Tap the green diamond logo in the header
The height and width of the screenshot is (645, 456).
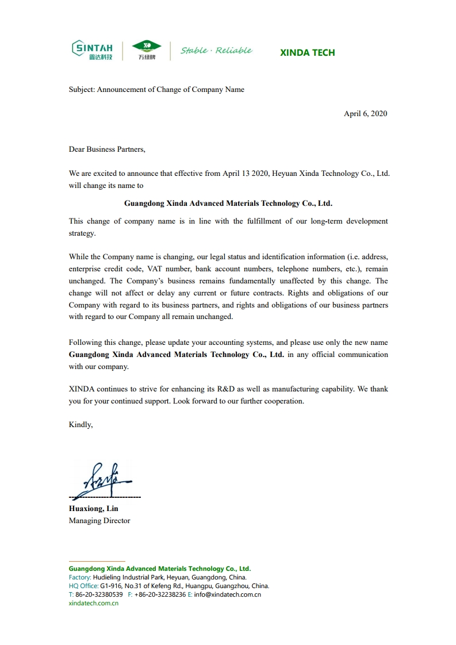(147, 46)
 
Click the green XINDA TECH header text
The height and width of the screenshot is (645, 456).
(307, 52)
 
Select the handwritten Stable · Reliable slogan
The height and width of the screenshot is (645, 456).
(216, 51)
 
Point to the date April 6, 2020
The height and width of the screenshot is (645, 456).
(365, 113)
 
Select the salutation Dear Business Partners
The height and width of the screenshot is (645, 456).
(107, 149)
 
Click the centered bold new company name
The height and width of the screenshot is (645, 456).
(228, 203)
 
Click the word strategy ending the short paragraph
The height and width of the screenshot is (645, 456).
(82, 233)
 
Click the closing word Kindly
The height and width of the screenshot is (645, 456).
(81, 424)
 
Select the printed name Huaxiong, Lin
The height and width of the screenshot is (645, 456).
(94, 508)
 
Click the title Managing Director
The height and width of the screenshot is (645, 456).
(99, 520)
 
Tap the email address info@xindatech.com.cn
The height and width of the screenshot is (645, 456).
(228, 594)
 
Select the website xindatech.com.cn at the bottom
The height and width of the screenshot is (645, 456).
(94, 603)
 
